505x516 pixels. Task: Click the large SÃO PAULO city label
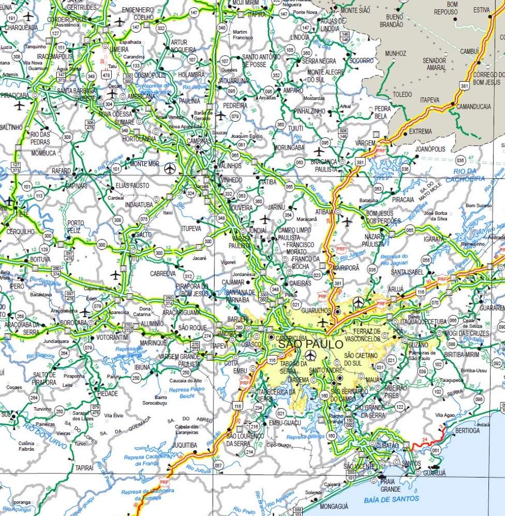click(x=303, y=344)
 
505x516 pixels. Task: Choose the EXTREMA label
click(x=420, y=132)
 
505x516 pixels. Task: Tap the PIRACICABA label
click(x=14, y=96)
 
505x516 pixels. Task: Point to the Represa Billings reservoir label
click(x=304, y=437)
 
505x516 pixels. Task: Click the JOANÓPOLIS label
click(x=430, y=149)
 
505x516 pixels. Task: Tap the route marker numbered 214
click(x=249, y=452)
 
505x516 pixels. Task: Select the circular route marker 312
click(x=189, y=276)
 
